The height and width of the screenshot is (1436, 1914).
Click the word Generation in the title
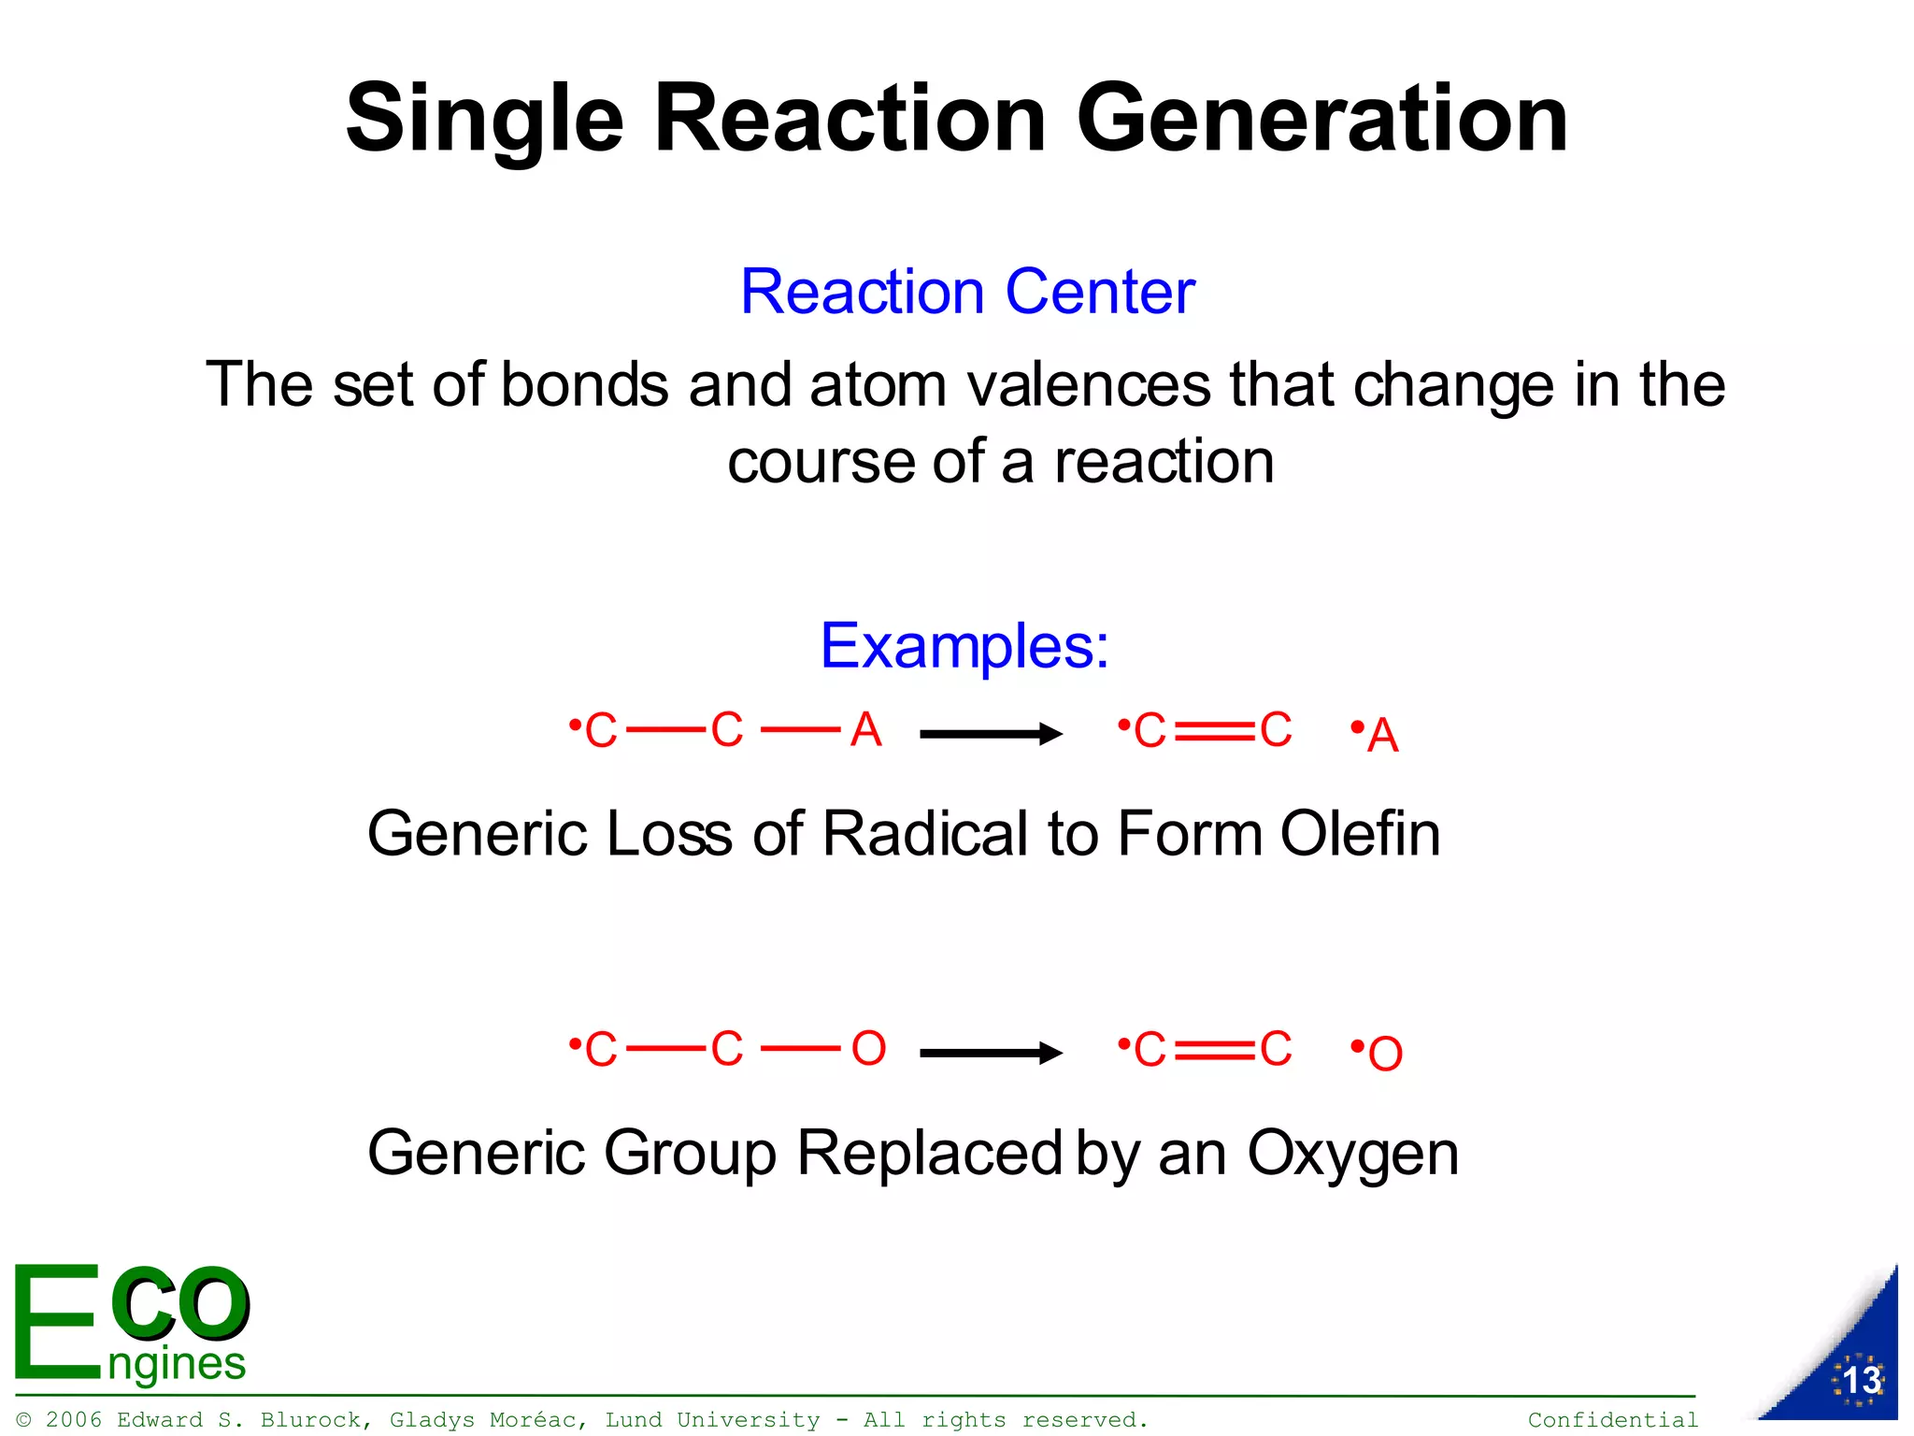click(1321, 119)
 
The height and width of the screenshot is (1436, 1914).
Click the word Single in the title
click(484, 119)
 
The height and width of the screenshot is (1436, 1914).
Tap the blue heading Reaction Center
click(967, 292)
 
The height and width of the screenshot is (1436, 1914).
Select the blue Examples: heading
click(964, 646)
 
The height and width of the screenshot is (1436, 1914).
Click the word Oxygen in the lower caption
click(1352, 1154)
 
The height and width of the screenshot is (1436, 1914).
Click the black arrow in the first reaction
click(991, 734)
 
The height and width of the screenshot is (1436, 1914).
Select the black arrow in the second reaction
click(991, 1054)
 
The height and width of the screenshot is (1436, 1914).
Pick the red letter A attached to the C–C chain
click(866, 730)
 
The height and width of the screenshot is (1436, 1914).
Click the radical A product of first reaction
click(1382, 736)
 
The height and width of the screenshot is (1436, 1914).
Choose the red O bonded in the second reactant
click(868, 1049)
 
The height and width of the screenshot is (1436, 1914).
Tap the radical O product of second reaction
click(1384, 1055)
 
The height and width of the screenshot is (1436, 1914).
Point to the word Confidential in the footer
click(1613, 1420)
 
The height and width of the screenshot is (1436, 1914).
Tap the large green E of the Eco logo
click(56, 1322)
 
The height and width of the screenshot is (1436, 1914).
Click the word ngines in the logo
click(177, 1364)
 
